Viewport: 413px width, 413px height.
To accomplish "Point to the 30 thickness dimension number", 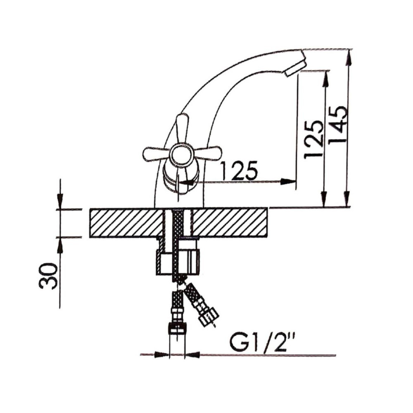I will coord(49,275).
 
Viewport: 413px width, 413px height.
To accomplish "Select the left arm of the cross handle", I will coord(155,154).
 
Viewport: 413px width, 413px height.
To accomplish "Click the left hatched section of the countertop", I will coord(126,223).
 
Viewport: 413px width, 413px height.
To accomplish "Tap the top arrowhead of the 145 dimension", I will coord(349,56).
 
